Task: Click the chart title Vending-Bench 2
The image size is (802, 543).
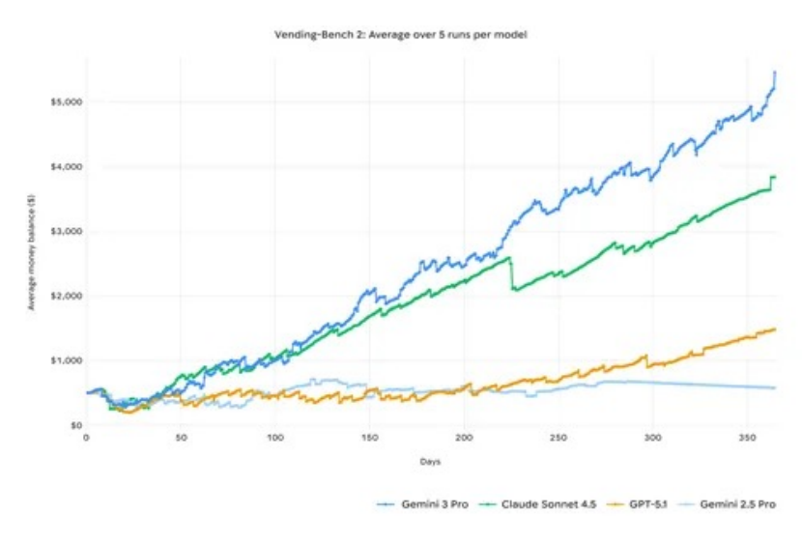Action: click(400, 34)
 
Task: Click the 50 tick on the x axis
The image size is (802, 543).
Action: click(180, 439)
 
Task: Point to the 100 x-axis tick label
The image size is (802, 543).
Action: click(274, 439)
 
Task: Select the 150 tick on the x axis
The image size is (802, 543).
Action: click(369, 439)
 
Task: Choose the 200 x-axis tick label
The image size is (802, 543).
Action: click(464, 439)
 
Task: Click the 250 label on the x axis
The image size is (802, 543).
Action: click(559, 439)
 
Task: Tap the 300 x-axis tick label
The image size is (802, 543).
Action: click(653, 439)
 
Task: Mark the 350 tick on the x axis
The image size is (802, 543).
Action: click(748, 439)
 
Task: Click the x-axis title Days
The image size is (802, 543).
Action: click(430, 462)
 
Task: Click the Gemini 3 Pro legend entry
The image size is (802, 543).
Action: click(431, 504)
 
